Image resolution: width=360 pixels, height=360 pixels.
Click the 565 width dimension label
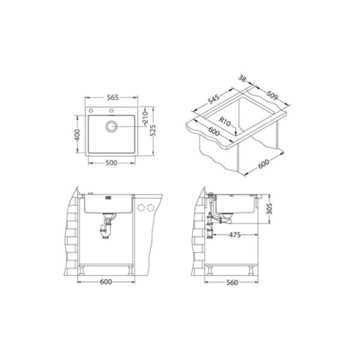[113, 98]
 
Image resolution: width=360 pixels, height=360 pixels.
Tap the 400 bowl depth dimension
[77, 135]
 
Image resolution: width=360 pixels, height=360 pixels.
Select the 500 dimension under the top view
[111, 163]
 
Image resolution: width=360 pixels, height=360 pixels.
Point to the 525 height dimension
[153, 131]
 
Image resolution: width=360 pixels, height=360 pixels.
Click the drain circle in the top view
[112, 126]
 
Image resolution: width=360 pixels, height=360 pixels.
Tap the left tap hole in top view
[91, 111]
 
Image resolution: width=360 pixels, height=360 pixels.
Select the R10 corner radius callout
[224, 121]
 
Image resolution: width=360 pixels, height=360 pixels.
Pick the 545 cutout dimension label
[214, 100]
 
